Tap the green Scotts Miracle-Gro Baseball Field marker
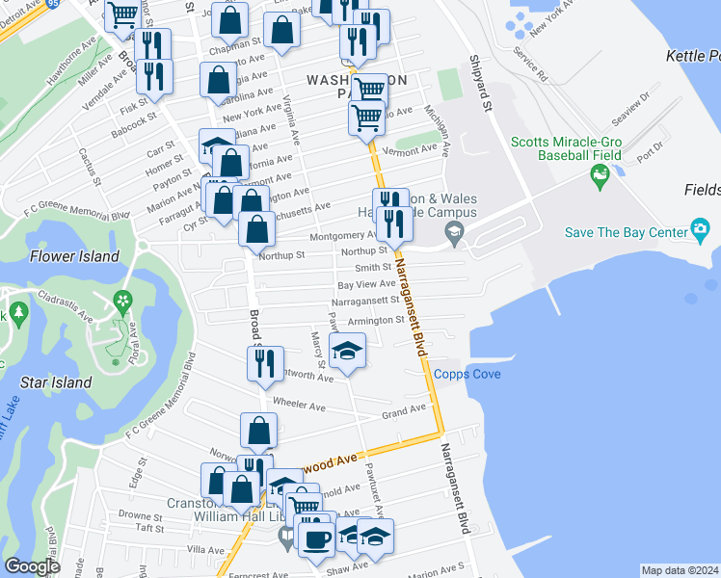[601, 176]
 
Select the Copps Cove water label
[467, 374]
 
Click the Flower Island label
[74, 256]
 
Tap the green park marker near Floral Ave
[122, 302]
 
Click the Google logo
[32, 566]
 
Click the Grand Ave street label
[403, 411]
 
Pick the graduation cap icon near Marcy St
[347, 352]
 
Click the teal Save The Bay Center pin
[700, 231]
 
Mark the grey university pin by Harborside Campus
[453, 232]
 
